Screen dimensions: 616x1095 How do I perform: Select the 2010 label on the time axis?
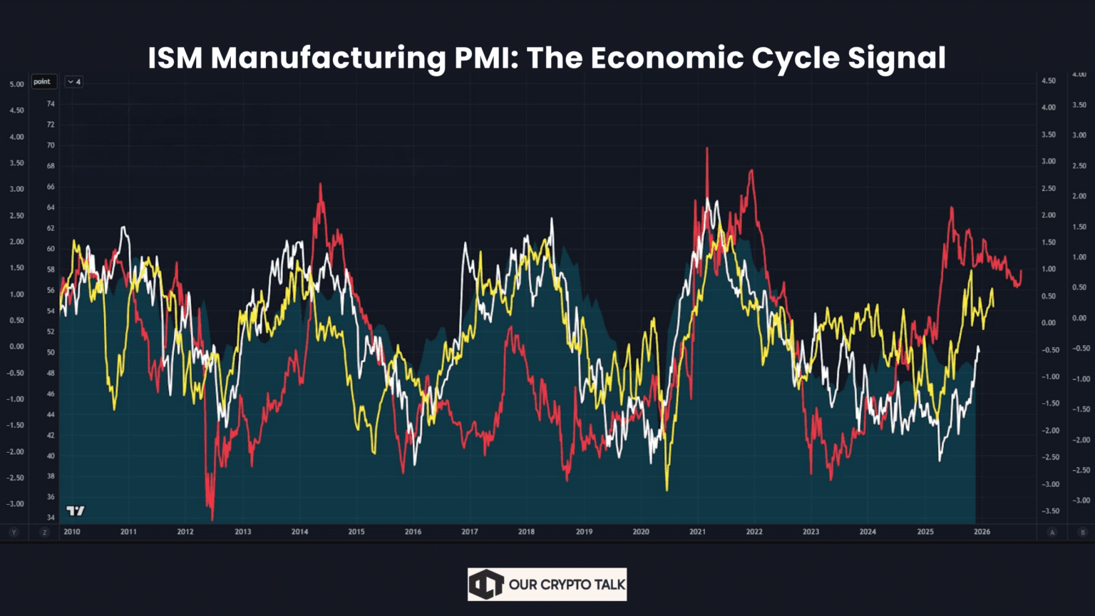[x=72, y=532]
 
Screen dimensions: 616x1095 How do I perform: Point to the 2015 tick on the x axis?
[x=356, y=532]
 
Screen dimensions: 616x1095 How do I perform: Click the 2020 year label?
[x=641, y=532]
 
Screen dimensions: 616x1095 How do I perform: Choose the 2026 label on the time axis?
[x=982, y=532]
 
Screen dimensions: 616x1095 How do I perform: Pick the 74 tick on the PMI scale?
[x=51, y=103]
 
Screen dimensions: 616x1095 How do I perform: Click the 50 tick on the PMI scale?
[x=51, y=352]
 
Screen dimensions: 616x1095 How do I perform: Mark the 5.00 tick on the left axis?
[x=16, y=84]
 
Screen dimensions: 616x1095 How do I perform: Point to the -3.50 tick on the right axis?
[x=1048, y=511]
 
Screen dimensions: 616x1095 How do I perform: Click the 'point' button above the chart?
[x=43, y=81]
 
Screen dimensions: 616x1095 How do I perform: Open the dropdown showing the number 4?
[x=73, y=82]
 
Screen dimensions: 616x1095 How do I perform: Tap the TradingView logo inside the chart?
[x=75, y=510]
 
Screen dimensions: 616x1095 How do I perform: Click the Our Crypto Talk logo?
[x=547, y=585]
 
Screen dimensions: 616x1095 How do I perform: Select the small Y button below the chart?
[x=14, y=533]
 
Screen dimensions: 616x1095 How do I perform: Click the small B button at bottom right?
[x=1082, y=533]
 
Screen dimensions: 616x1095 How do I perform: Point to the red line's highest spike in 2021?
[x=707, y=148]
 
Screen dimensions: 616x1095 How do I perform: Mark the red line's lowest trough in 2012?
[x=212, y=519]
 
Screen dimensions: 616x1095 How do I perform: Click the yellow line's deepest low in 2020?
[x=667, y=490]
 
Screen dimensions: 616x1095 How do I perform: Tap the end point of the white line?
[x=978, y=347]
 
